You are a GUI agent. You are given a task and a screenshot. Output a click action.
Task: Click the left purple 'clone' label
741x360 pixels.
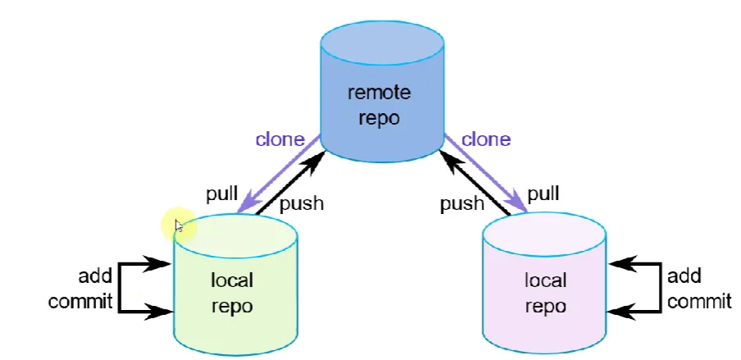pyautogui.click(x=280, y=139)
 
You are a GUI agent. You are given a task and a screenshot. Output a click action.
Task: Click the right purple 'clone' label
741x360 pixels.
pyautogui.click(x=486, y=139)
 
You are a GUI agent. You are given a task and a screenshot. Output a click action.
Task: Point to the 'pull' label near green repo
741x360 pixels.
pyautogui.click(x=222, y=194)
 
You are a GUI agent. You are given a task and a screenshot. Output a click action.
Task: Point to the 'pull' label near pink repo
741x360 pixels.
pyautogui.click(x=543, y=194)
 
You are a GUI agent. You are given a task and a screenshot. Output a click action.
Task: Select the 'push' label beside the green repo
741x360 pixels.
pyautogui.click(x=301, y=204)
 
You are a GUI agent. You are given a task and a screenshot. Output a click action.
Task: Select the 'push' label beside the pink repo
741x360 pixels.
pyautogui.click(x=462, y=204)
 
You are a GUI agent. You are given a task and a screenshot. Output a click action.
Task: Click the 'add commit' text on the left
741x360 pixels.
pyautogui.click(x=80, y=288)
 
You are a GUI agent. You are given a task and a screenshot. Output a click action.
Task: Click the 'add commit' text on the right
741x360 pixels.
pyautogui.click(x=699, y=288)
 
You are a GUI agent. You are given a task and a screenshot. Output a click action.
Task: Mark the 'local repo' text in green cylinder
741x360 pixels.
pyautogui.click(x=232, y=294)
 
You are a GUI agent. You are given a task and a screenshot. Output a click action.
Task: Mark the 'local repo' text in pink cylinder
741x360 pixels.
pyautogui.click(x=546, y=294)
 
